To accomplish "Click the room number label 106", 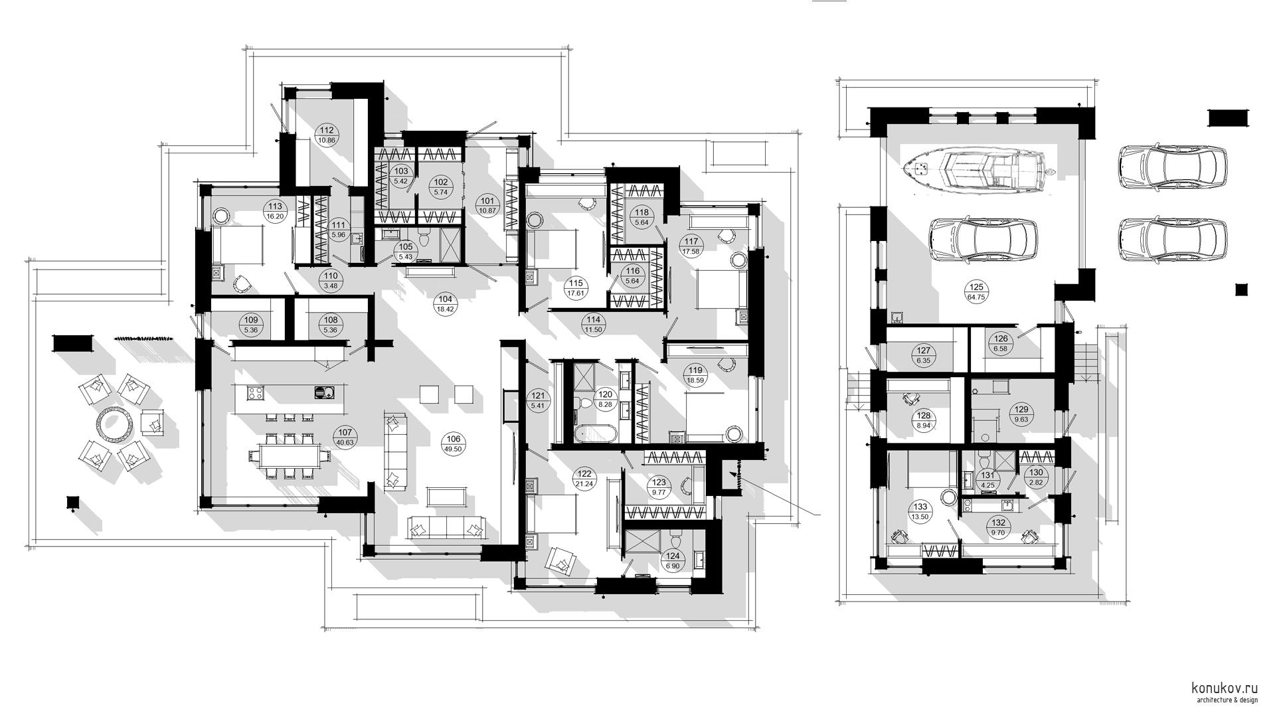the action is click(453, 439).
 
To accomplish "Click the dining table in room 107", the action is click(290, 456).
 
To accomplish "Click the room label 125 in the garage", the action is click(976, 287).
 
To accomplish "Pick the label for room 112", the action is click(326, 131).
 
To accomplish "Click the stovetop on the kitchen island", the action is click(256, 392).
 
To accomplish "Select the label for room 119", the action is click(695, 370).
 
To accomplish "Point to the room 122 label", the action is click(585, 474).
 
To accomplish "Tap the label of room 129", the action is click(1021, 410).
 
